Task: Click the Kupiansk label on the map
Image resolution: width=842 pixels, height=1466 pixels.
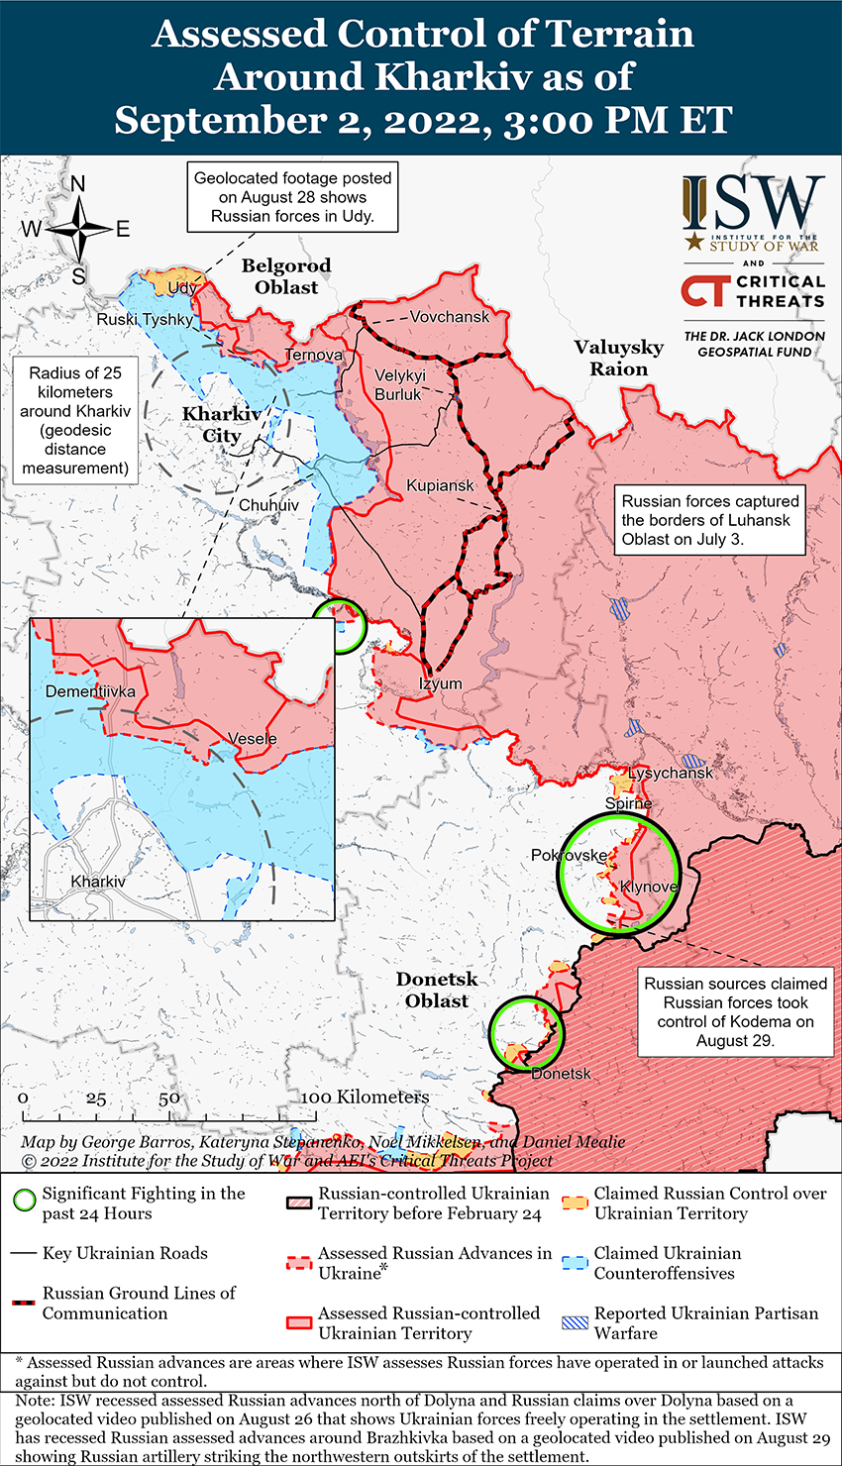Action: [x=440, y=485]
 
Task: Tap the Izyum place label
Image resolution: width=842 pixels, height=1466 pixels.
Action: [x=440, y=683]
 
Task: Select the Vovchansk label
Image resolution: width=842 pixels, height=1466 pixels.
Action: [x=450, y=317]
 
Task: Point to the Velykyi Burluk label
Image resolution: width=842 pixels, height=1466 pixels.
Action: [x=399, y=384]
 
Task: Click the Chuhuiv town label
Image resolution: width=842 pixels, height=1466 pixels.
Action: [x=268, y=505]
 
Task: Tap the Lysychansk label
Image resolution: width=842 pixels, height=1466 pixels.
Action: [x=671, y=773]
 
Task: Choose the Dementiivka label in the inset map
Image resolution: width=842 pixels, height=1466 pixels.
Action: [x=90, y=691]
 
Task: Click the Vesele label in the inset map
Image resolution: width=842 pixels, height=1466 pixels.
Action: [x=253, y=739]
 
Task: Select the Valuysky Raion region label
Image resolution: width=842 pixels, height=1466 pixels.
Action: [x=619, y=358]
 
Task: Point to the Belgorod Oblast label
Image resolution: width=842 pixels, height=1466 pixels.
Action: [x=286, y=276]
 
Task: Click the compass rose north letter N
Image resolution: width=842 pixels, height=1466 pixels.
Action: [x=78, y=184]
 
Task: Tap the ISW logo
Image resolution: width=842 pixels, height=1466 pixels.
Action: [x=753, y=213]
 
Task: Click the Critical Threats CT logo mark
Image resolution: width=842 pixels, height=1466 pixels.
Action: [x=704, y=291]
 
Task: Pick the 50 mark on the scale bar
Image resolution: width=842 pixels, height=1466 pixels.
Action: [x=169, y=1098]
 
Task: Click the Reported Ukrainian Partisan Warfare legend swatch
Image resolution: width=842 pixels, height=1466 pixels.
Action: [x=575, y=1322]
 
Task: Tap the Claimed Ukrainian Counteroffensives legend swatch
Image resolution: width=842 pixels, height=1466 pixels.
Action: [x=575, y=1263]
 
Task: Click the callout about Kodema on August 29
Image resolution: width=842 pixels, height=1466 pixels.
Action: [x=735, y=1011]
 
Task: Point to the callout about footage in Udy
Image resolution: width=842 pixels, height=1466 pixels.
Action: [x=293, y=196]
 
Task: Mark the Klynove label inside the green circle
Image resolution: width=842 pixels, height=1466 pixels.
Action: [x=649, y=887]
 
